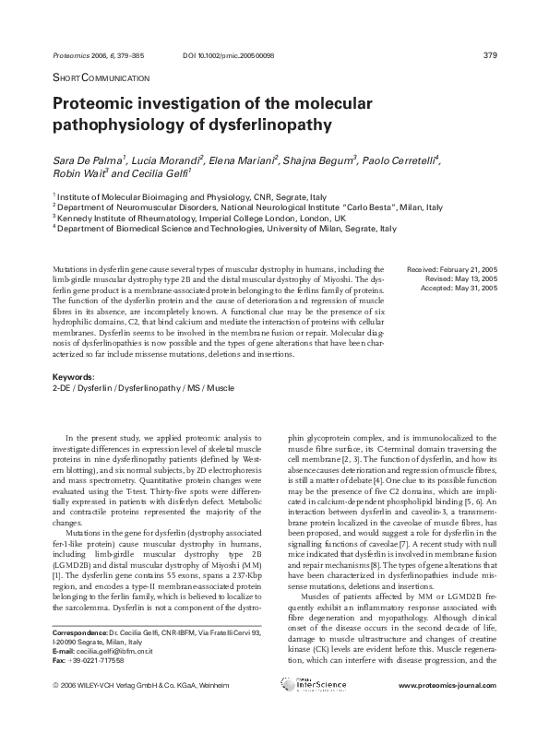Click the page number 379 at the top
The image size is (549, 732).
[x=490, y=55]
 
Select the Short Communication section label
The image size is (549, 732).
[x=96, y=78]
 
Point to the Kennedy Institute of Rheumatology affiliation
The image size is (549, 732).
[x=198, y=218]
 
